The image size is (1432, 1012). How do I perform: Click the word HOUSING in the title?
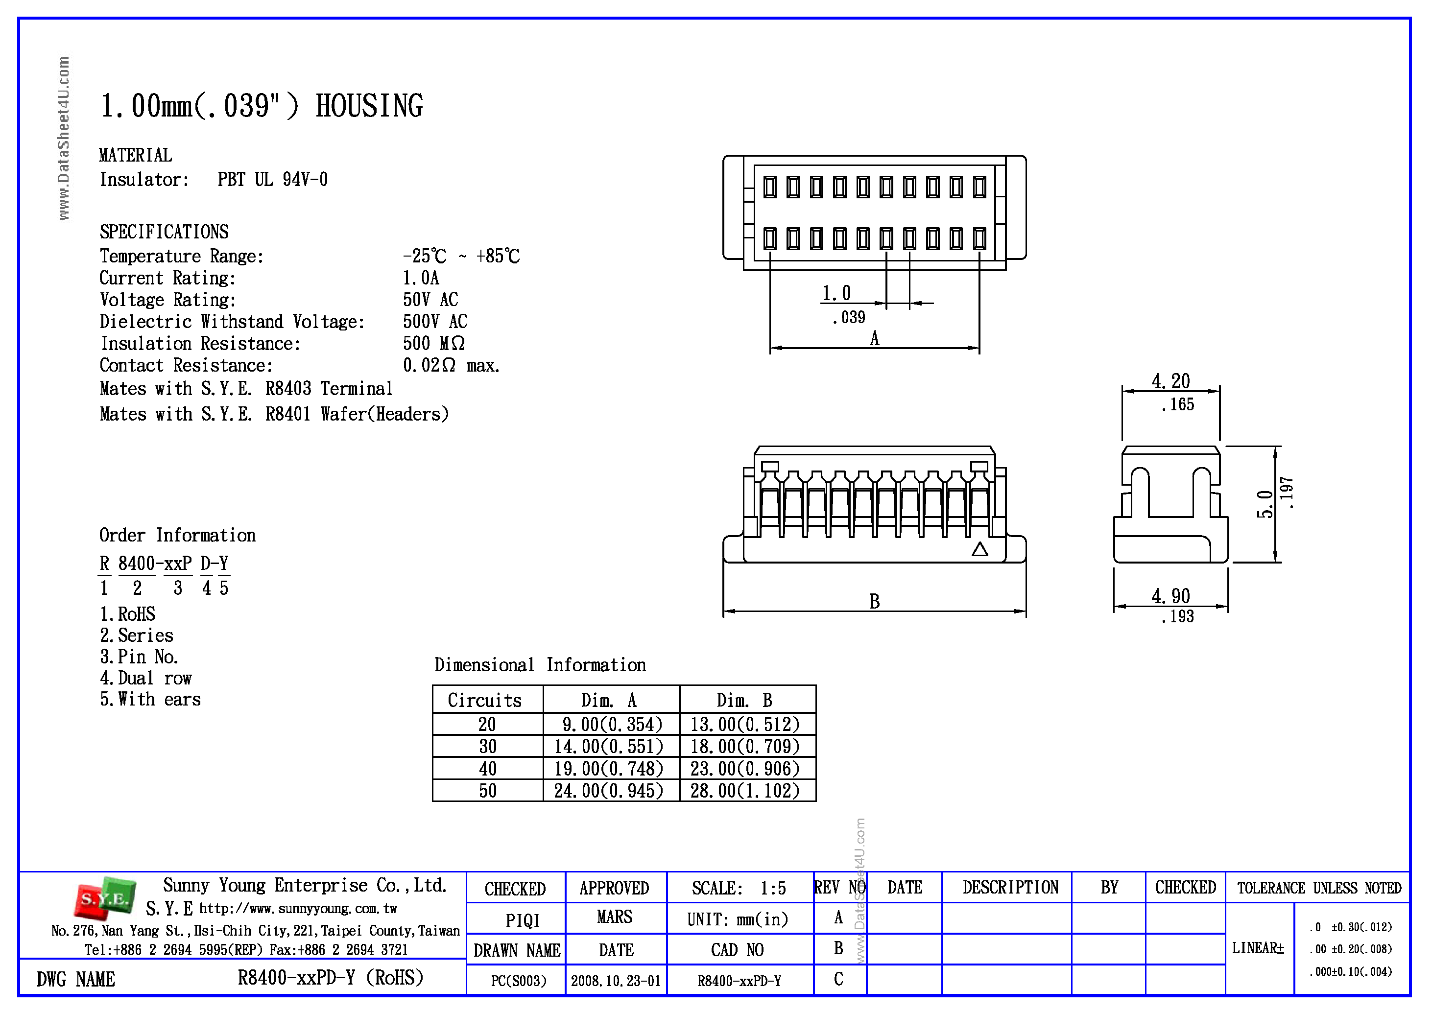coord(369,106)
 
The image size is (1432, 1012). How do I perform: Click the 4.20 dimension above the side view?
coord(1170,380)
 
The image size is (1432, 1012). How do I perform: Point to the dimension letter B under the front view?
coord(874,601)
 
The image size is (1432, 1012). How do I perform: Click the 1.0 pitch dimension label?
coord(836,293)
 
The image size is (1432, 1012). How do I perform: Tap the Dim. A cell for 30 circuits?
coord(608,746)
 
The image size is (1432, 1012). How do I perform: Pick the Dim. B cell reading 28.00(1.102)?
coord(745,791)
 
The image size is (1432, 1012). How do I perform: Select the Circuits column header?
coord(485,700)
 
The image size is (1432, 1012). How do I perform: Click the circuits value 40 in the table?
coord(487,768)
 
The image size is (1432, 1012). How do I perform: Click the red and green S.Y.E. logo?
coord(105,898)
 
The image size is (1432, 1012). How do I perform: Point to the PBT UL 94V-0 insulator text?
coord(273,180)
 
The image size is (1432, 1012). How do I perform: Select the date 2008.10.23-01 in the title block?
coord(616,981)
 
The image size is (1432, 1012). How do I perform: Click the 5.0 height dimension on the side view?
coord(1264,504)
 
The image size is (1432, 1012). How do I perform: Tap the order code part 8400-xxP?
coord(155,564)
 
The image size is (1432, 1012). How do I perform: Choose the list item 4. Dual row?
coord(145,678)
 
